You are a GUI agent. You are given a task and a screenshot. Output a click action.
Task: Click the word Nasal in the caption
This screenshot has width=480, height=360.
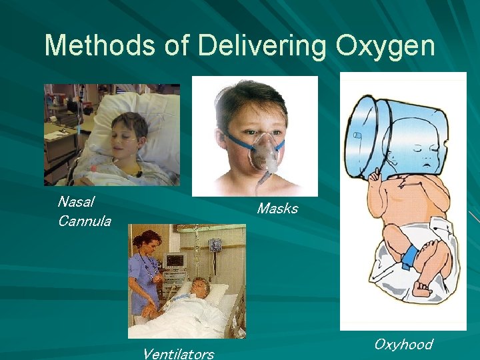tap(76, 201)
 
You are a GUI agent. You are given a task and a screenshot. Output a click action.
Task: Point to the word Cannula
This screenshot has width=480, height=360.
tap(84, 221)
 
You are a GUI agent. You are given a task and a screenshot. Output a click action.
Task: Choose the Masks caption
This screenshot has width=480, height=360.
tap(277, 209)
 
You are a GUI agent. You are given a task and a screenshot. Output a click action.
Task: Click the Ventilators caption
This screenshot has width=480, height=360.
tap(178, 353)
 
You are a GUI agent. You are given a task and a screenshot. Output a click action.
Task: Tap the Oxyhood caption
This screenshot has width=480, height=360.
tap(403, 344)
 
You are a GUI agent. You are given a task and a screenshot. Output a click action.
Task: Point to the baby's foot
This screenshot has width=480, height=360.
tap(421, 289)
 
